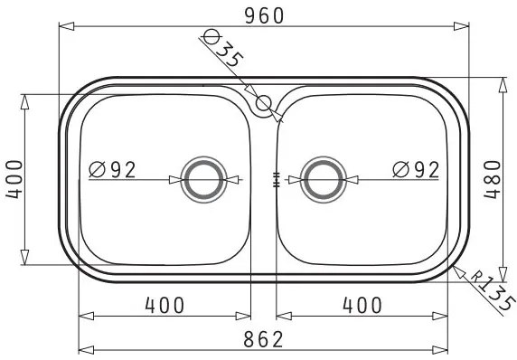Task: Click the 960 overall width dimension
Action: point(264,15)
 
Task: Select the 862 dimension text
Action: point(263,339)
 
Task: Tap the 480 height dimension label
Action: point(493,179)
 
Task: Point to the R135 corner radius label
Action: point(493,291)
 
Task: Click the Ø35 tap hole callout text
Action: point(223,48)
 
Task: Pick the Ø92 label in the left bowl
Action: point(112,170)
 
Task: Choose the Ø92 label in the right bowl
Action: point(416,170)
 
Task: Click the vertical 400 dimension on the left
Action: point(14,179)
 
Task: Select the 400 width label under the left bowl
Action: point(164,305)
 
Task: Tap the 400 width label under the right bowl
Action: point(362,305)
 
